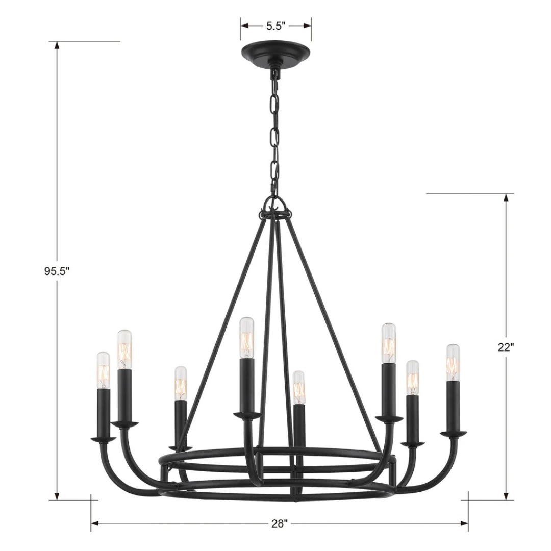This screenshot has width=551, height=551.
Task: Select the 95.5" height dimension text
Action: point(56,271)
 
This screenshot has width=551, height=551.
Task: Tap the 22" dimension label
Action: point(506,347)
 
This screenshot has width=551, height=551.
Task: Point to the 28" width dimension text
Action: point(280,523)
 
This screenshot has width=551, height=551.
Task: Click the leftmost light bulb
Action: point(103,369)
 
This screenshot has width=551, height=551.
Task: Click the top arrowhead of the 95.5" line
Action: point(57,45)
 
